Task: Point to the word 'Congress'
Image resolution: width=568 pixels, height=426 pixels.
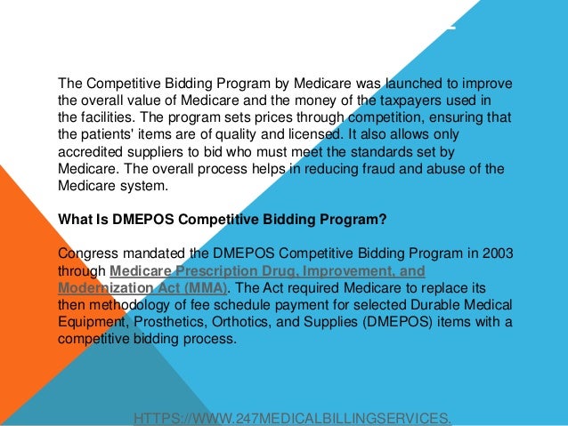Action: pos(86,253)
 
